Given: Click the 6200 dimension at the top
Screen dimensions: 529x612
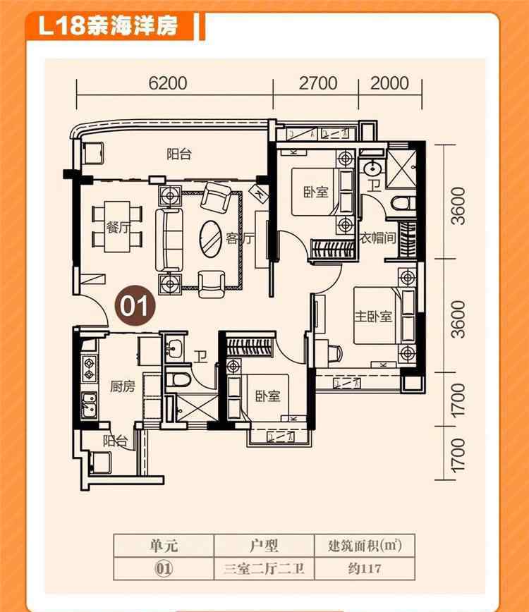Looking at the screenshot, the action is point(168,83).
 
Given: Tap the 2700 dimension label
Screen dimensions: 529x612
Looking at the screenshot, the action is point(318,83).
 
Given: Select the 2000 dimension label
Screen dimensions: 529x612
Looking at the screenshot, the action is point(389,83).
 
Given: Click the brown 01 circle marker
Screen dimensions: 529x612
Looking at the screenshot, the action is point(135,305).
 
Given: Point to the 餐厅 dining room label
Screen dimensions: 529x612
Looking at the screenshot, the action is point(118,227).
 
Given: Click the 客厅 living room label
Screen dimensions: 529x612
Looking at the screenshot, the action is point(240,238).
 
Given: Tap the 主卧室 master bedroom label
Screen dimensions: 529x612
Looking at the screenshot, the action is point(373,316).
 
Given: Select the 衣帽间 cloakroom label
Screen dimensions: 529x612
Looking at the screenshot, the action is point(377,238).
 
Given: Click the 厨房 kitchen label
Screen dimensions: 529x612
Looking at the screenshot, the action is point(123,386).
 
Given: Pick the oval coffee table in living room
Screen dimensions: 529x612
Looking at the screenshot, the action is point(210,239).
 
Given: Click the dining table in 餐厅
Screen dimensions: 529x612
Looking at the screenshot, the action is point(117,226).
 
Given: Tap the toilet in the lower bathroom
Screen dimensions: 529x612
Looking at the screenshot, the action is point(178,379).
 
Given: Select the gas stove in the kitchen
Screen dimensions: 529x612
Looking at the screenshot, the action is point(90,369).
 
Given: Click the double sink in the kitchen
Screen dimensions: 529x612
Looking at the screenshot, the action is point(90,405).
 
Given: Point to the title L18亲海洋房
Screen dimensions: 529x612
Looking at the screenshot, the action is point(108,26).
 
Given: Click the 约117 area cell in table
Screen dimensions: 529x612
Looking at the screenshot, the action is point(365,568).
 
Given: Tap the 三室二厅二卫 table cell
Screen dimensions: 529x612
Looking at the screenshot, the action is point(264,569).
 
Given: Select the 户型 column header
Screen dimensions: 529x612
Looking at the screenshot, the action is point(264,545).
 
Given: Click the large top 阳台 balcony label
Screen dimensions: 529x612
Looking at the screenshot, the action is point(179,154).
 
